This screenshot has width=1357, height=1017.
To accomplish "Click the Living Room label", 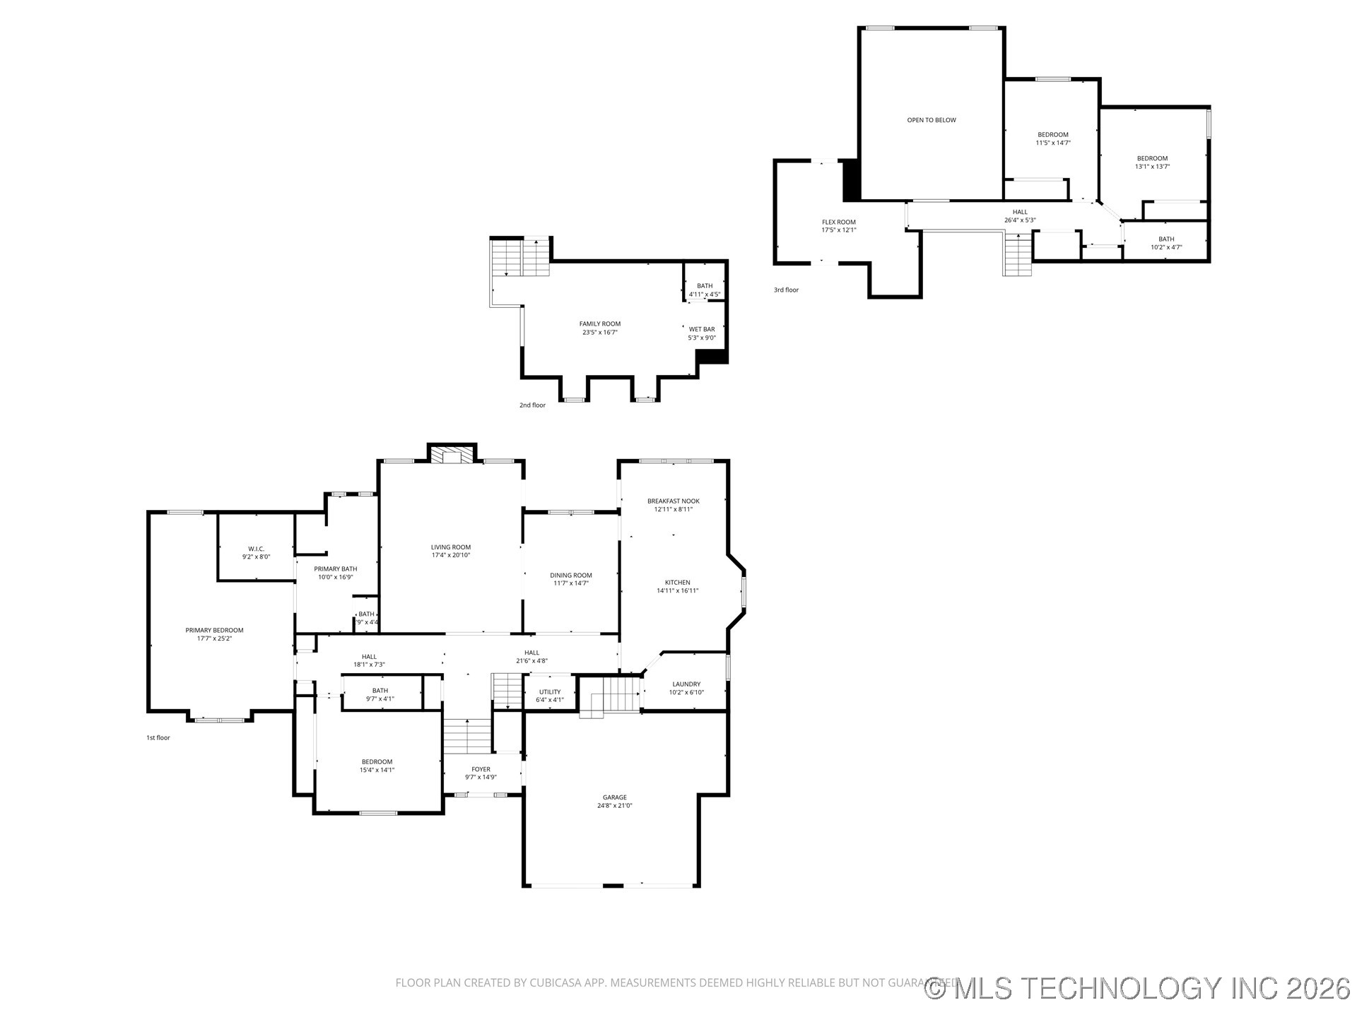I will tap(451, 547).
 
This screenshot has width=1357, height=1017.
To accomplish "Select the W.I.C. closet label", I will tap(256, 549).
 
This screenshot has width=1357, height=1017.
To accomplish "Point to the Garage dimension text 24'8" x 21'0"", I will tap(614, 805).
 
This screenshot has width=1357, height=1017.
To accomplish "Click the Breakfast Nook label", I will tap(673, 501).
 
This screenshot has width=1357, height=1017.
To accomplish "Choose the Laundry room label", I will tap(686, 684).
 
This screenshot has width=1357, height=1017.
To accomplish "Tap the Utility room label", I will tap(550, 692).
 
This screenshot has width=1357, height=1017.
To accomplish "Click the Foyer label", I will tap(481, 769).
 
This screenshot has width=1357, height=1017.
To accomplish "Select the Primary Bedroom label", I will tap(214, 631).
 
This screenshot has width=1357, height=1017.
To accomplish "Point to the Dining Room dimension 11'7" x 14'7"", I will tap(571, 583).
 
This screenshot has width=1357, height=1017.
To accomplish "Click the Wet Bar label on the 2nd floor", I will tap(702, 329).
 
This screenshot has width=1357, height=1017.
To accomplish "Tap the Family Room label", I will tap(600, 324).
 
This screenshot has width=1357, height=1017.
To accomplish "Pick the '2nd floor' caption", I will tap(532, 405).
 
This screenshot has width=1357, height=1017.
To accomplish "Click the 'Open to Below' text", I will tap(932, 120).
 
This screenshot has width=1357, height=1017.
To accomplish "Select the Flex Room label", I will tap(838, 222).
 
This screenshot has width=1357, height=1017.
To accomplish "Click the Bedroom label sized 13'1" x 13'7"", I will tap(1152, 159).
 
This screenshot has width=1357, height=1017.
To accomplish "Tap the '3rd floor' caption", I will tap(786, 290).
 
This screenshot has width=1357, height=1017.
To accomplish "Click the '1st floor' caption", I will tap(158, 738).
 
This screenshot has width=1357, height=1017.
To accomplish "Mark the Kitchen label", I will tap(677, 583).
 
